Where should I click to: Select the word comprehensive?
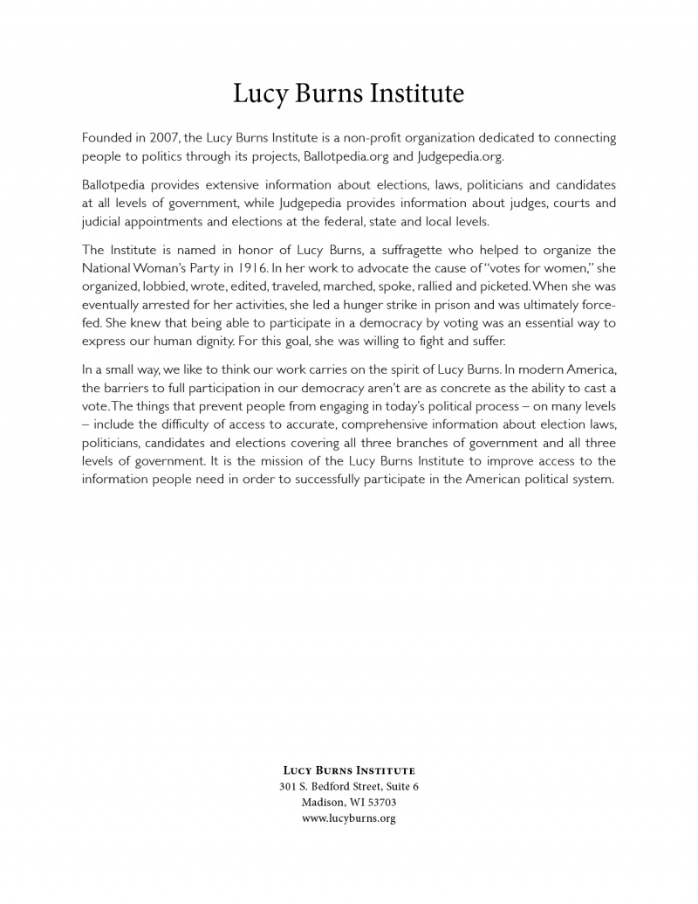coord(390,424)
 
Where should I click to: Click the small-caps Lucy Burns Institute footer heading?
coord(349,770)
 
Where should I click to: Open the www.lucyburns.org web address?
coord(349,818)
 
